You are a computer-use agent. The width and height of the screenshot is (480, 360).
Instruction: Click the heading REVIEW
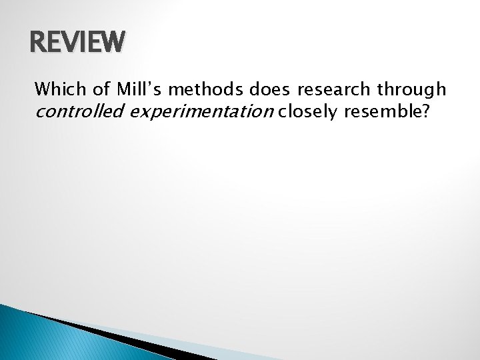[x=77, y=43]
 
